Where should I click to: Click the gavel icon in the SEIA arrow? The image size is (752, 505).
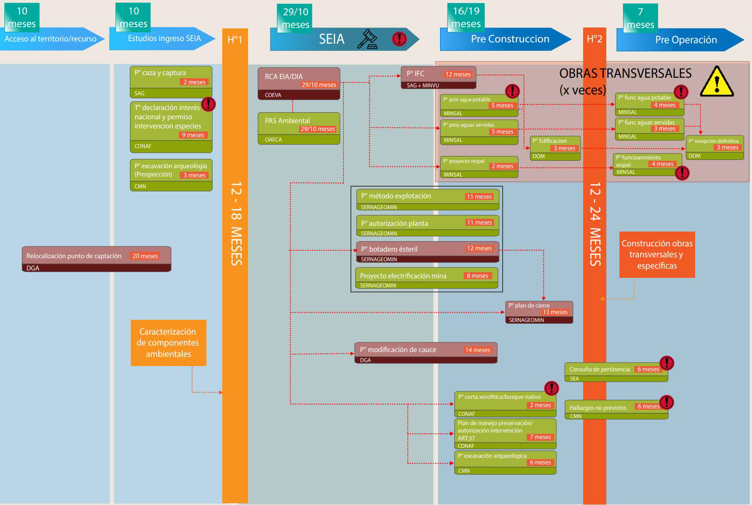367,39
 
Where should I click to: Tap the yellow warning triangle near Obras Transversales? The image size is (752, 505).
717,82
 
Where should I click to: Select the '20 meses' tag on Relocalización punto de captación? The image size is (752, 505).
145,256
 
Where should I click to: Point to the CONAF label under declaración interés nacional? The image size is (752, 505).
143,146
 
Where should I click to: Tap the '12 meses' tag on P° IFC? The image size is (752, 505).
458,74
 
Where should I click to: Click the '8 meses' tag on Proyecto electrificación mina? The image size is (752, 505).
478,276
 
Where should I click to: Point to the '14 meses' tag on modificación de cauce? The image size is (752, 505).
478,350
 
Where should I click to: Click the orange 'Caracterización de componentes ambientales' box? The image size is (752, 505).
168,343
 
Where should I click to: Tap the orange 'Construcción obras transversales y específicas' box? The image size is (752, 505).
657,255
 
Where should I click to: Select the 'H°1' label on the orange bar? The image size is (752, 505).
235,40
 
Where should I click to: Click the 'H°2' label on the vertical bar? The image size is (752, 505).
595,39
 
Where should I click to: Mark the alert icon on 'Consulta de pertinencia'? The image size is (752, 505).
667,363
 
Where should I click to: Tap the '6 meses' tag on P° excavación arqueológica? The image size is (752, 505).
540,463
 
